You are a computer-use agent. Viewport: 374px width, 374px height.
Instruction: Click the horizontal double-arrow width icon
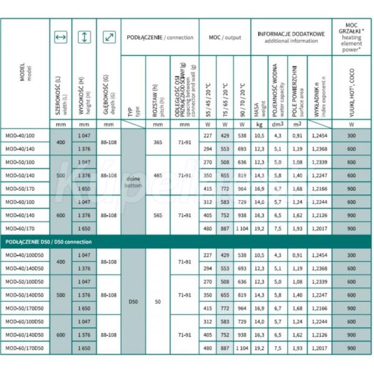(x=60, y=38)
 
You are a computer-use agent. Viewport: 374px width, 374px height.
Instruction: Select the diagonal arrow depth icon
(x=108, y=38)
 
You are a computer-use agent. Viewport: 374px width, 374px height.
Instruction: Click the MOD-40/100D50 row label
(x=26, y=256)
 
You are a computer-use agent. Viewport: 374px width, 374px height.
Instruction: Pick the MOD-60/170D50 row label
(x=26, y=347)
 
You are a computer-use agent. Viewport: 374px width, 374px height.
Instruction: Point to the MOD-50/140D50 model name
(x=26, y=295)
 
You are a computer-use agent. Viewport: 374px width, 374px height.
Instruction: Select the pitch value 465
(x=158, y=176)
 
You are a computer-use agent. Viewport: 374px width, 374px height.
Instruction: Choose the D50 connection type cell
(x=134, y=302)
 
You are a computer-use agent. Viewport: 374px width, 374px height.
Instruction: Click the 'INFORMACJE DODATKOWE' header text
(x=291, y=34)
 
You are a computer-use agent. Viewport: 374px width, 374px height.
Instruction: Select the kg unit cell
(x=261, y=123)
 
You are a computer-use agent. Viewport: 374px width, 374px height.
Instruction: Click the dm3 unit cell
(x=279, y=123)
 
